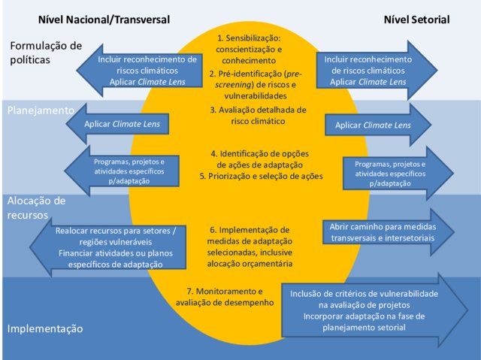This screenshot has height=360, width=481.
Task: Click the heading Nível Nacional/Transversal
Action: pyautogui.click(x=104, y=20)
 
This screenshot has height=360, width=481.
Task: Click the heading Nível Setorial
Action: pyautogui.click(x=416, y=20)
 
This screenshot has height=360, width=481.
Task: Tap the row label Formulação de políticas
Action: pyautogui.click(x=46, y=53)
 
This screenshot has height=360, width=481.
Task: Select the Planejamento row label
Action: pyautogui.click(x=41, y=110)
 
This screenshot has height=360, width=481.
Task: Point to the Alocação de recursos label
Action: pyautogui.click(x=36, y=208)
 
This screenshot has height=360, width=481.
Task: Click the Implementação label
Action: pyautogui.click(x=45, y=328)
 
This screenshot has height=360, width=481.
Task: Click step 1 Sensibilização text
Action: pyautogui.click(x=249, y=50)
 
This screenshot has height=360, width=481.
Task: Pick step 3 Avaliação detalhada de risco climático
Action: pyautogui.click(x=259, y=116)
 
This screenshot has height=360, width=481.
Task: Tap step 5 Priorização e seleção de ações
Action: pyautogui.click(x=261, y=177)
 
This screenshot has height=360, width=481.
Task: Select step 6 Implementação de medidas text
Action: pyautogui.click(x=250, y=247)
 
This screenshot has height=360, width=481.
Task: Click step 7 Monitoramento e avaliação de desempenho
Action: pyautogui.click(x=225, y=297)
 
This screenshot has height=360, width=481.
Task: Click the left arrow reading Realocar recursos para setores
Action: pyautogui.click(x=108, y=247)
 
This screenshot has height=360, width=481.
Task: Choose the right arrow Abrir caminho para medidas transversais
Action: pyautogui.click(x=389, y=232)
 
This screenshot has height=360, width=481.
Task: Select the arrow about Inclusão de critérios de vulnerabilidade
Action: pyautogui.click(x=374, y=310)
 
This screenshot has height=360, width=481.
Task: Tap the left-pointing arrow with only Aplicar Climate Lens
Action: pyautogui.click(x=117, y=124)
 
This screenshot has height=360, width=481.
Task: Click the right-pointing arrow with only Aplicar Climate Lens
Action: pyautogui.click(x=378, y=125)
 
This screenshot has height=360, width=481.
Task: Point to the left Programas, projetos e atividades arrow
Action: pyautogui.click(x=122, y=171)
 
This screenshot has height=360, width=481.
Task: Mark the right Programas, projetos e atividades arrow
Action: pyautogui.click(x=398, y=174)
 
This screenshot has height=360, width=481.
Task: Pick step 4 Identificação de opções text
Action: pyautogui.click(x=260, y=159)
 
